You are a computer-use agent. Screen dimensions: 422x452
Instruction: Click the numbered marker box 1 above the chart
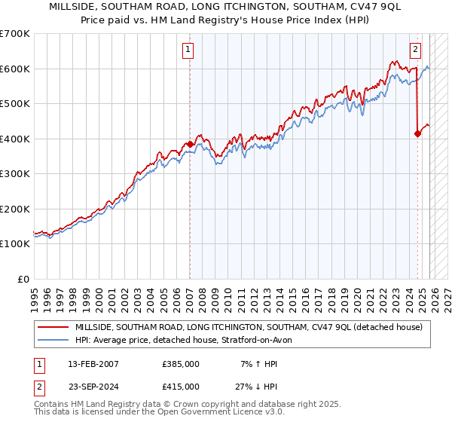pos(188,50)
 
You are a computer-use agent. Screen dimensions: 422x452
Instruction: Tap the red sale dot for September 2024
pos(417,133)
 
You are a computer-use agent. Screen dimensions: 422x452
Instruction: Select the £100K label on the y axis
pos(15,244)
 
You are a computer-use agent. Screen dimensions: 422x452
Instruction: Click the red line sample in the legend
pos(53,327)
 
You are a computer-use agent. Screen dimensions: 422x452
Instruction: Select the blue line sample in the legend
pos(53,340)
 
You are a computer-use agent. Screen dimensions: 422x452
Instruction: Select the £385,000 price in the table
pos(181,364)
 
